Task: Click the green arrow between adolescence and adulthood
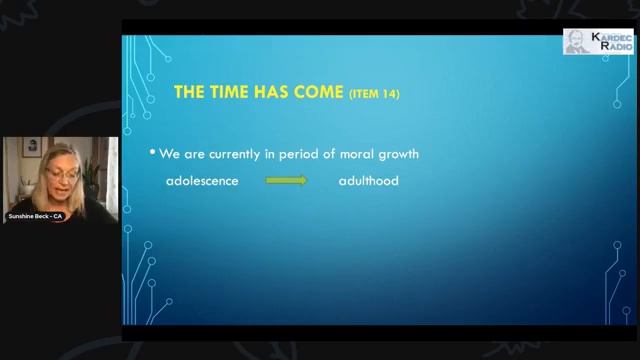(x=286, y=181)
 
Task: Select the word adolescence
(x=203, y=182)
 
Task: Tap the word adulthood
(x=369, y=182)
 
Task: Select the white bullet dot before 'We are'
(x=153, y=152)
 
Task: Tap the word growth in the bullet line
(x=397, y=155)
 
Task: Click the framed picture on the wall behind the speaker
(x=33, y=146)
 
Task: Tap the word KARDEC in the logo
(x=611, y=37)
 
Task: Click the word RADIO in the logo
(x=611, y=47)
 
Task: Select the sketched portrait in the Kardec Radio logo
(x=577, y=42)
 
